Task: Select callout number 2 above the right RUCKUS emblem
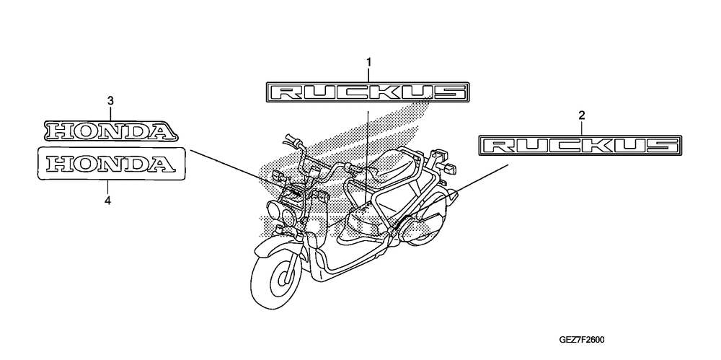582,115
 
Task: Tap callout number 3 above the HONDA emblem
110,102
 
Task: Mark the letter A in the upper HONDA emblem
162,131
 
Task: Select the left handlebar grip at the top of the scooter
295,139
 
